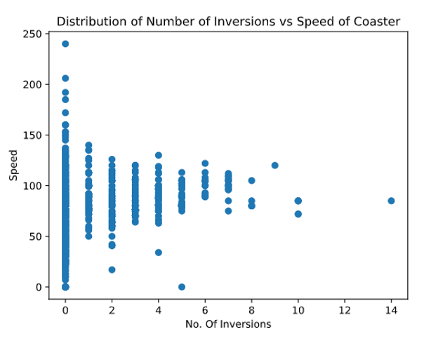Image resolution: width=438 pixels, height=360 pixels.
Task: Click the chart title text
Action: (x=228, y=21)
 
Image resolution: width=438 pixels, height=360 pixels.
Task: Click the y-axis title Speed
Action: (x=13, y=164)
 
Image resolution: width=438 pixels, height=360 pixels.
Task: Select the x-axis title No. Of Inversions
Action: (x=228, y=324)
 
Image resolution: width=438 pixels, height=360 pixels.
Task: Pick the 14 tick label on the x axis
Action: (x=391, y=309)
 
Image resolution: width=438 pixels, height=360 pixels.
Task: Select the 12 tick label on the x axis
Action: (x=345, y=309)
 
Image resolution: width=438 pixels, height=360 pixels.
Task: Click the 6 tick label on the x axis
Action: (x=205, y=309)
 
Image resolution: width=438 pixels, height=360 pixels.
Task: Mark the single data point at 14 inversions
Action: (x=391, y=201)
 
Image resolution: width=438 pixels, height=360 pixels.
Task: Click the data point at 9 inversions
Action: (x=274, y=166)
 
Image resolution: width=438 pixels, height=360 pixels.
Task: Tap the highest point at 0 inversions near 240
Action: (x=65, y=44)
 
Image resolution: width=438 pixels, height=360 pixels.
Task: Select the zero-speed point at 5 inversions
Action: (x=182, y=286)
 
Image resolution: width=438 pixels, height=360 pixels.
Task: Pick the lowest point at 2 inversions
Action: (x=112, y=269)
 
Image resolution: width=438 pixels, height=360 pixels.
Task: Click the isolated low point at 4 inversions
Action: (x=159, y=253)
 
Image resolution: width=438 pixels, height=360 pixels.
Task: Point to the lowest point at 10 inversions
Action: (x=298, y=213)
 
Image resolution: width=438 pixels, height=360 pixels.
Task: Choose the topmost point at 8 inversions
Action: (x=251, y=180)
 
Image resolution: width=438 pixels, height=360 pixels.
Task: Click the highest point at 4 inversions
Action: (x=159, y=155)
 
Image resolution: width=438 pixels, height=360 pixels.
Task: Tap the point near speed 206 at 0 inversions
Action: (x=65, y=78)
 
